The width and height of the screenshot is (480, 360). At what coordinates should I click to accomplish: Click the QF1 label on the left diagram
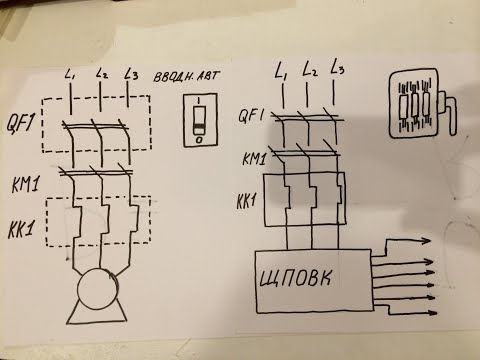20,124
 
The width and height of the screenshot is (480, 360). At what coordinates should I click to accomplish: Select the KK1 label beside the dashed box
21,229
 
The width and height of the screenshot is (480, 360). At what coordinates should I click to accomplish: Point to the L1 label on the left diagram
70,75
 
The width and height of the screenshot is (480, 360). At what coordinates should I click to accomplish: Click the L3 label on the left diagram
131,74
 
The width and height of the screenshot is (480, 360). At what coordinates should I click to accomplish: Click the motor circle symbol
97,289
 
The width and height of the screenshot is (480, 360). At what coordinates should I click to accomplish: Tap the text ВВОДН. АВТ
187,76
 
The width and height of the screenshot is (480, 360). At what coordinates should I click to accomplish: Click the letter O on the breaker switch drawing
199,140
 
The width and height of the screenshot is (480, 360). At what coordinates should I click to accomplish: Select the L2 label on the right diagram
309,70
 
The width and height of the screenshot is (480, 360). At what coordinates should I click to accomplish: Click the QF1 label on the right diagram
251,116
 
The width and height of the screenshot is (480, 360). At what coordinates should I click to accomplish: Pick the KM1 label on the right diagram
254,158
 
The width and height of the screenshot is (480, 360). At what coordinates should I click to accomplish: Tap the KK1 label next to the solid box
247,201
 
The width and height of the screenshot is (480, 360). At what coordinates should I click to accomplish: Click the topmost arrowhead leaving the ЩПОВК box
426,241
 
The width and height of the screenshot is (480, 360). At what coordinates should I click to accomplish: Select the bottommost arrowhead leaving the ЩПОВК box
432,313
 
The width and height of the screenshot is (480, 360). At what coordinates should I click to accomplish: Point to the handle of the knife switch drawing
448,113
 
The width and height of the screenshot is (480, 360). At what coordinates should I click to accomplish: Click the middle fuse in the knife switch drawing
414,106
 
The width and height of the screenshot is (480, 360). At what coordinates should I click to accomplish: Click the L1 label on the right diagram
281,71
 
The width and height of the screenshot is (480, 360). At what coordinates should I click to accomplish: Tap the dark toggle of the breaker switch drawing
199,126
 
